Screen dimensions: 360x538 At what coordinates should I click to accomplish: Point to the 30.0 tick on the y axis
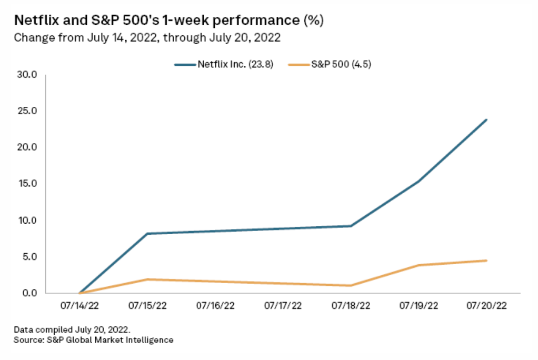[26, 75]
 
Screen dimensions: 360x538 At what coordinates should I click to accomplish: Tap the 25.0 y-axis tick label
[26, 111]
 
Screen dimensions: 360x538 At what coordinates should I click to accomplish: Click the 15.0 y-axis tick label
[26, 184]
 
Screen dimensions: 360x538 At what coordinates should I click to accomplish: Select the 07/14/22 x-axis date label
[79, 306]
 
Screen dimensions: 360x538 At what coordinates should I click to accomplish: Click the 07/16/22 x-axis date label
[215, 306]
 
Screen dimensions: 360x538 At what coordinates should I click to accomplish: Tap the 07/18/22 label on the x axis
[351, 306]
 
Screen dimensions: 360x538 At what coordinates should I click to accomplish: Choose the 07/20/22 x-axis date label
[486, 306]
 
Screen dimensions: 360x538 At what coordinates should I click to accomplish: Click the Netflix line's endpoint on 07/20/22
[486, 119]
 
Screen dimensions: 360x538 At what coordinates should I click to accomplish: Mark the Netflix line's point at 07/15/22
[147, 233]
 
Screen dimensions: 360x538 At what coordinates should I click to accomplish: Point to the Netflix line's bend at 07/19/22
[419, 181]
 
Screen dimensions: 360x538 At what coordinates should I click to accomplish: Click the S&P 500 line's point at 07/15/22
[147, 279]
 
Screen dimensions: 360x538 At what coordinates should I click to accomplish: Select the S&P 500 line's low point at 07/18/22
[351, 285]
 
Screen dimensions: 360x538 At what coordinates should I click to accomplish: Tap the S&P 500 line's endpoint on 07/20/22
[486, 261]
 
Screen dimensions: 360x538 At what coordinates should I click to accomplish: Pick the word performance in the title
[261, 21]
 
